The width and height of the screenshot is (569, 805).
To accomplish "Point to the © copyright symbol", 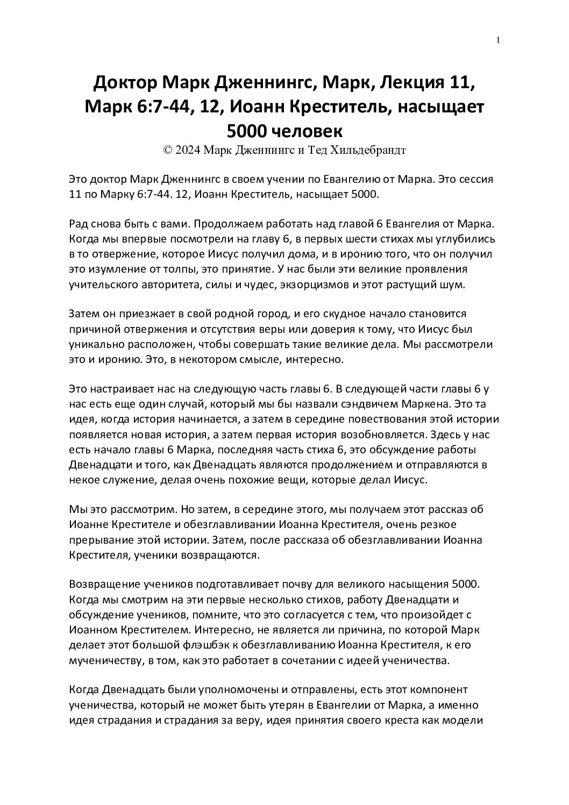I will (x=167, y=151).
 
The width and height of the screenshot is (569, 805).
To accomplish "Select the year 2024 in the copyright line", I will (x=187, y=151).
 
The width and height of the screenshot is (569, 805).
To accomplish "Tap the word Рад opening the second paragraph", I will (x=80, y=224).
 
